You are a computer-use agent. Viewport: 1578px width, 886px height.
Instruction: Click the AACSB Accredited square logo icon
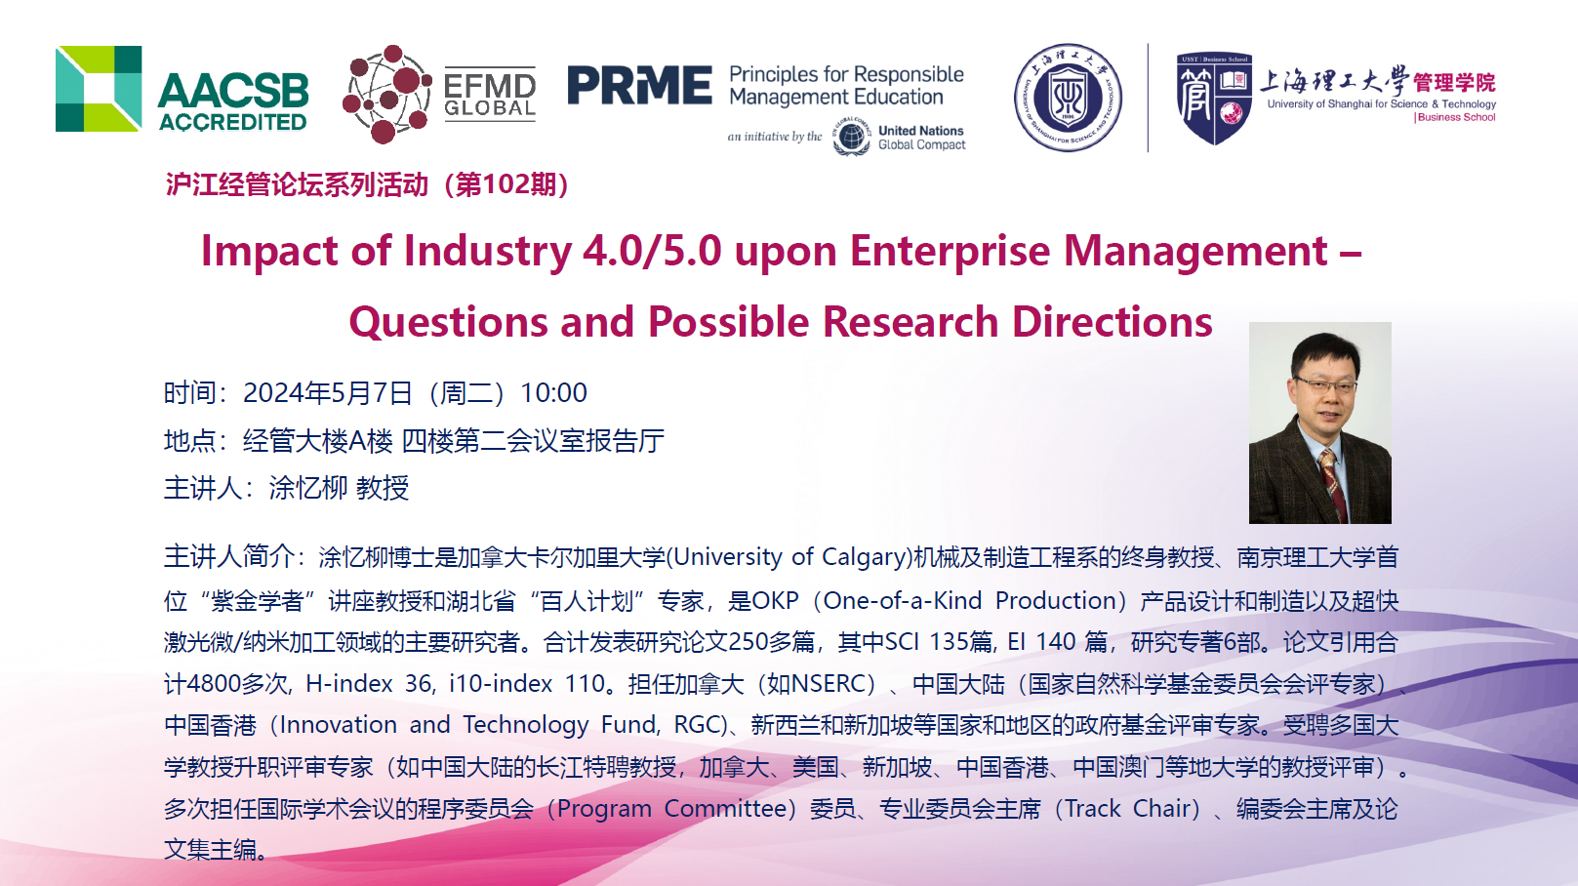point(99,89)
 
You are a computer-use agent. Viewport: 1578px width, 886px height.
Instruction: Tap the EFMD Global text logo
point(490,96)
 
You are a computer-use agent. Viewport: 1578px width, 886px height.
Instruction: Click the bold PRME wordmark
point(639,85)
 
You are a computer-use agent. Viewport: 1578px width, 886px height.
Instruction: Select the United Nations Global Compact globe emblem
point(851,137)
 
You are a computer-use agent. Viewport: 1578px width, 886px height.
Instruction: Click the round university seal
point(1068,98)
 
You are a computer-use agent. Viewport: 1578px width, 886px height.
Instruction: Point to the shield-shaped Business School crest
point(1214,99)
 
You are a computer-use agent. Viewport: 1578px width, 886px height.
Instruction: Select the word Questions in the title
point(448,323)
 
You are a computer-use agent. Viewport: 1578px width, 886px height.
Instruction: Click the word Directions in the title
point(1113,323)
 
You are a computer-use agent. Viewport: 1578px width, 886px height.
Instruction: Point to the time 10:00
point(553,393)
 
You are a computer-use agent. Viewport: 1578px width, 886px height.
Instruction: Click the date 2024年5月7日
point(328,393)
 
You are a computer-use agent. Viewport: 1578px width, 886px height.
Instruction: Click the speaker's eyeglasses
point(1324,385)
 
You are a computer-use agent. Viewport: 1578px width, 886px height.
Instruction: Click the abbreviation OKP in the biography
point(776,601)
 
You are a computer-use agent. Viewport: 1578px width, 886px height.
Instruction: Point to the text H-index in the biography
point(348,684)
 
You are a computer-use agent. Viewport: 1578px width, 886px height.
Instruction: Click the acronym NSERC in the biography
point(828,684)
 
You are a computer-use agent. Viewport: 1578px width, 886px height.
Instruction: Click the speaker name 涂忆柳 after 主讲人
point(307,488)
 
